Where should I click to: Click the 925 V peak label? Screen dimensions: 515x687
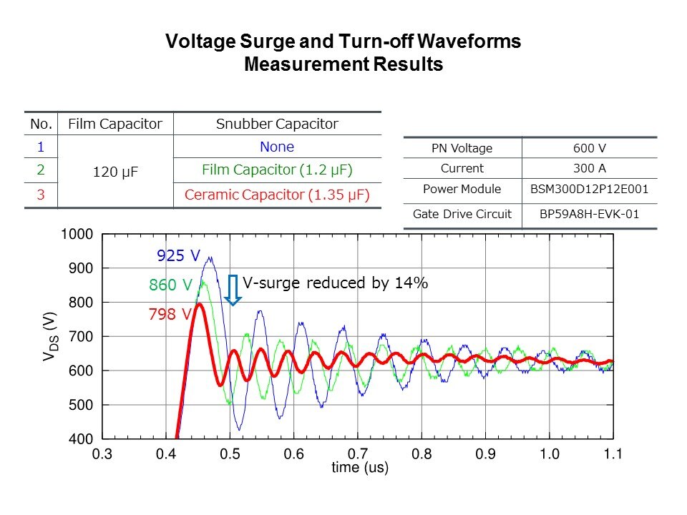[177, 255]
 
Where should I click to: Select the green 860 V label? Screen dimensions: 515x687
[170, 285]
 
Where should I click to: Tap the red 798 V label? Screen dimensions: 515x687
[170, 314]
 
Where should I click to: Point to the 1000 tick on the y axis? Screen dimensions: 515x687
[77, 235]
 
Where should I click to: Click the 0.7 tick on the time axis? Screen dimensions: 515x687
[358, 454]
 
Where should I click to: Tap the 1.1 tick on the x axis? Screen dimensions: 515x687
[613, 454]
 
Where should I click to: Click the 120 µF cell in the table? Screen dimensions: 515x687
[114, 172]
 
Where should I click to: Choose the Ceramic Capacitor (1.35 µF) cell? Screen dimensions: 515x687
[277, 195]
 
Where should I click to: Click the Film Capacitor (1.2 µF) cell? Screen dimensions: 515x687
[277, 170]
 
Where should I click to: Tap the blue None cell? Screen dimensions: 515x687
[277, 147]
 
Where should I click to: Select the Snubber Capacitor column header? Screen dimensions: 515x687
[277, 124]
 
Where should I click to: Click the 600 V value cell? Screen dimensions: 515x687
[588, 149]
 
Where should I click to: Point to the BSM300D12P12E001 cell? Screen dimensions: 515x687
[588, 190]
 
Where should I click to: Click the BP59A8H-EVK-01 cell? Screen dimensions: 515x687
[588, 214]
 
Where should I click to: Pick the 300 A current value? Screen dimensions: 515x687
[588, 169]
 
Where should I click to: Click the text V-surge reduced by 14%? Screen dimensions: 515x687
[335, 283]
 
